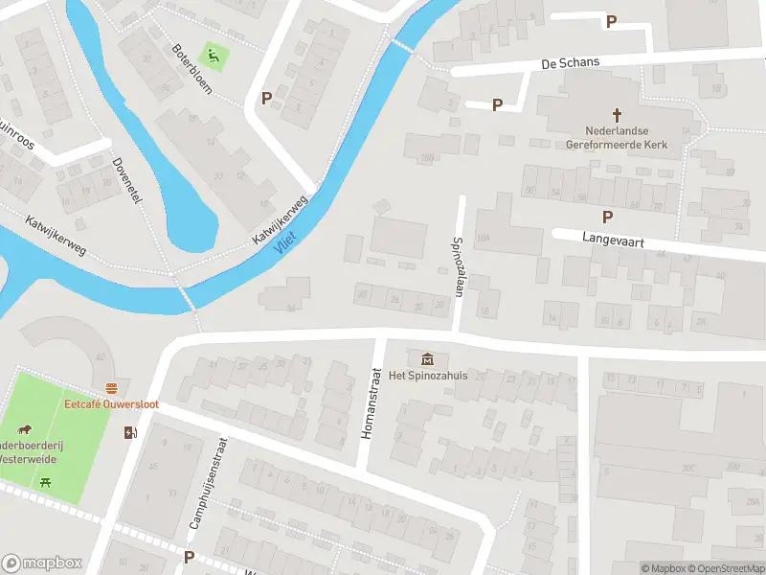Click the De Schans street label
(570, 62)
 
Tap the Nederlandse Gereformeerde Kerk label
(626, 137)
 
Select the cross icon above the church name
(630, 113)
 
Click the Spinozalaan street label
(458, 267)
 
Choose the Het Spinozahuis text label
(427, 375)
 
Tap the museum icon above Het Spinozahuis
(426, 358)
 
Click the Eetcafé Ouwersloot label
(112, 404)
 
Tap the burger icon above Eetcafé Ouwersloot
(112, 388)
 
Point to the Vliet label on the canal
(284, 243)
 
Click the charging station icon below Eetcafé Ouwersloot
(130, 432)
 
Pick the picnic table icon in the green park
(45, 482)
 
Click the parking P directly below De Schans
(497, 104)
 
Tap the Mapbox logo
(42, 563)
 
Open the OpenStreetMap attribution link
(726, 568)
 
